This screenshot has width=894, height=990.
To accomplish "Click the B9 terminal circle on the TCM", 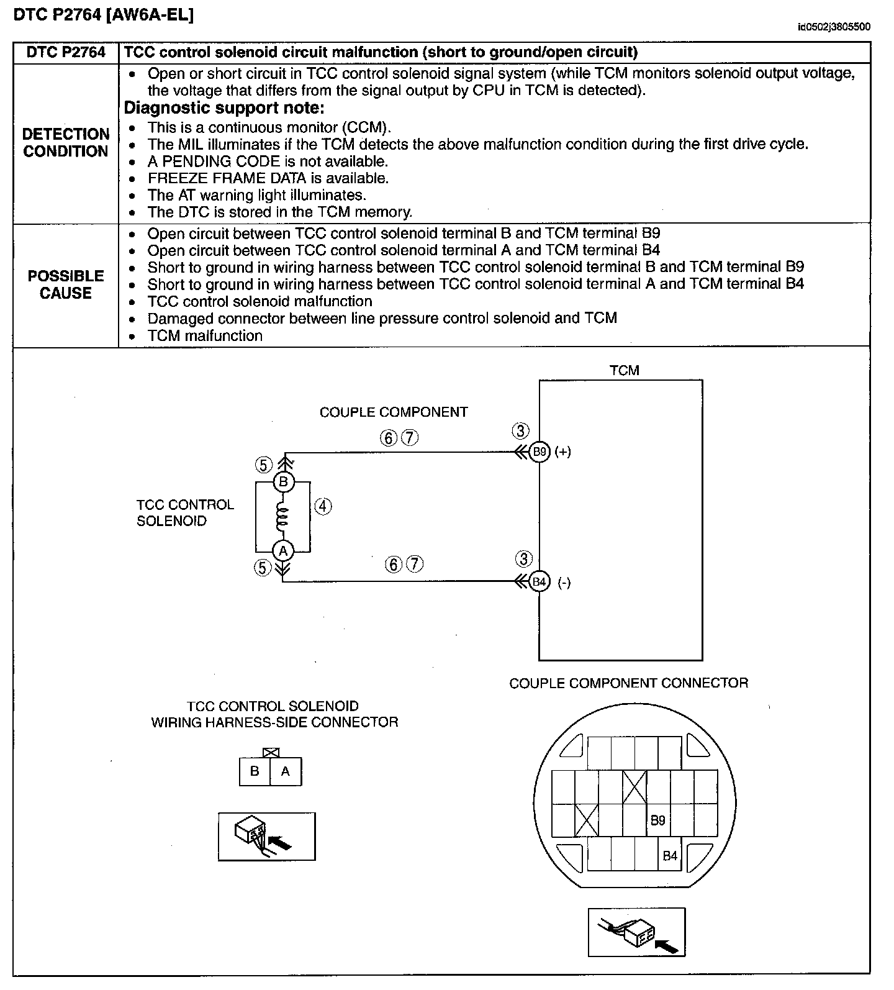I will pos(540,452).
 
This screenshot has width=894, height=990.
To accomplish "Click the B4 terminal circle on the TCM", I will pos(540,582).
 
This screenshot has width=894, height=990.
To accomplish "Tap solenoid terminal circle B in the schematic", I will pos(283,481).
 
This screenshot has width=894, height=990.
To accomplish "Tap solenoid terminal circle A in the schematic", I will pos(283,550).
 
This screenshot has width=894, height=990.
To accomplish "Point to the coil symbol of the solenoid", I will pos(283,517).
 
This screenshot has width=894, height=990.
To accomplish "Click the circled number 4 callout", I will pos(323,506).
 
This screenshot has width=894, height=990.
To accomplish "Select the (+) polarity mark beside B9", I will pos(562,452).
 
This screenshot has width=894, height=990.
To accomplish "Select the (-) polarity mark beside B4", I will pos(564,583).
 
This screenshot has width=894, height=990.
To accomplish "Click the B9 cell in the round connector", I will pos(657,820).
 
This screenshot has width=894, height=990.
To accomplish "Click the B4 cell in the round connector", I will pos(670,856).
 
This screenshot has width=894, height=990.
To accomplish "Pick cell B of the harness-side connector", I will pos(255,771).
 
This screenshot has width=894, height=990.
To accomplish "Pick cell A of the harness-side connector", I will pos(286,771).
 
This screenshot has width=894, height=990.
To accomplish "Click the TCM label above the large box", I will pos(624,370).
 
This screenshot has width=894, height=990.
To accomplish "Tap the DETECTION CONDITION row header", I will pos(66,143).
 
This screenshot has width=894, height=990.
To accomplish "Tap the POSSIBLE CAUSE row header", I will pos(66,284).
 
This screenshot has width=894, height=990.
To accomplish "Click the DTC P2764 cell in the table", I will pos(66,52).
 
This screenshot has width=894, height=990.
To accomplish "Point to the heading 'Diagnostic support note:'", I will pos(224,108).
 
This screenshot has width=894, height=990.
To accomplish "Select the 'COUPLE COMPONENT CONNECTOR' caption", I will pos(628,683).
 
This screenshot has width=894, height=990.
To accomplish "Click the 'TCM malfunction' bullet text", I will pos(205,336).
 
